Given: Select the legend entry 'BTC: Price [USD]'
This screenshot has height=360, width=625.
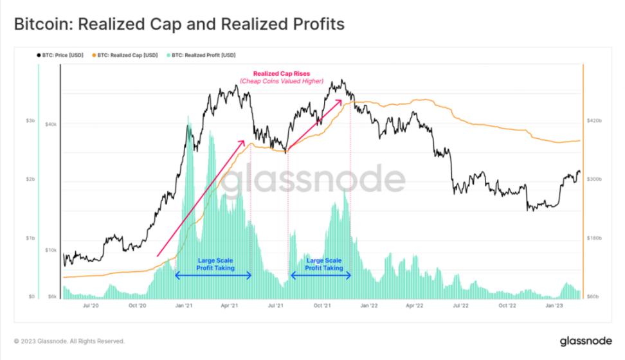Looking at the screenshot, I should click(x=59, y=56).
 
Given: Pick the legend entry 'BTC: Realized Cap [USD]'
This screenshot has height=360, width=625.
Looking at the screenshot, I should click(x=127, y=56).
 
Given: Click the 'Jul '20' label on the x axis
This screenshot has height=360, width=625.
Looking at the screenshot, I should click(x=91, y=306).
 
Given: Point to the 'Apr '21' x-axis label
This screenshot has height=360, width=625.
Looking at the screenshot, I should click(x=230, y=306).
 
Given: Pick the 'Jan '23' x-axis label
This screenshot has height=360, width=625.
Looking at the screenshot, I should click(x=554, y=306).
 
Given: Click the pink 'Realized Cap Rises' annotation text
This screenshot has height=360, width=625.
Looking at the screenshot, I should click(x=282, y=74).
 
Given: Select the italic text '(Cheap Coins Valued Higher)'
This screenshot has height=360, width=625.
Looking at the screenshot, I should click(x=282, y=82).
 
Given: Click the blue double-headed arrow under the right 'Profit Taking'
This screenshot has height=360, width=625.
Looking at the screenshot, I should click(x=321, y=275).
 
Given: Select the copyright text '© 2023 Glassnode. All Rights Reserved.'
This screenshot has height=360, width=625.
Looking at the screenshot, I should click(x=69, y=341).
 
